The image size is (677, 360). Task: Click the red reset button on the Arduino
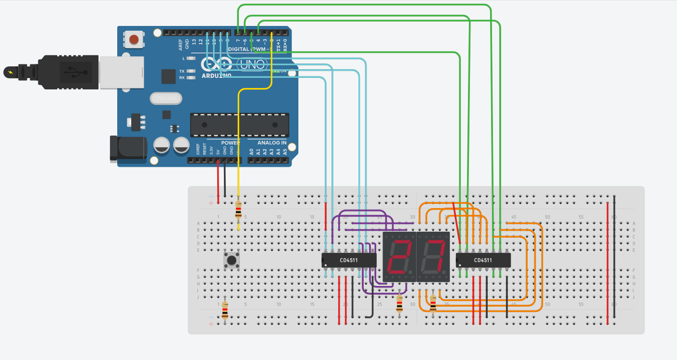[134, 39]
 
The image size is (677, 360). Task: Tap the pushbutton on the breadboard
[232, 261]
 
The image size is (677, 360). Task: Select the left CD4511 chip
[349, 260]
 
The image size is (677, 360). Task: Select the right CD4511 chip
[483, 260]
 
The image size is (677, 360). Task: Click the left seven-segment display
[399, 257]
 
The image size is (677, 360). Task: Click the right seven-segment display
[433, 257]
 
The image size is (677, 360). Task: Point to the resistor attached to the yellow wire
[238, 210]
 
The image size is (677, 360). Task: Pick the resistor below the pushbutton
[225, 310]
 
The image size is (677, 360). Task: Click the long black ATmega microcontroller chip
[240, 125]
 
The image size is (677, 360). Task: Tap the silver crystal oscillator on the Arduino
[166, 99]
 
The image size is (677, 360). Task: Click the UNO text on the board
[251, 64]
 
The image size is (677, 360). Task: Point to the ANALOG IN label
[272, 143]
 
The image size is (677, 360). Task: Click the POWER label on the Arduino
[230, 143]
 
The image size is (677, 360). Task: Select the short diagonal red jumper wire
[456, 222]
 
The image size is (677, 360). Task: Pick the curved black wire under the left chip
[371, 308]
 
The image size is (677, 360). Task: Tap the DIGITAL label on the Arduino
[239, 49]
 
